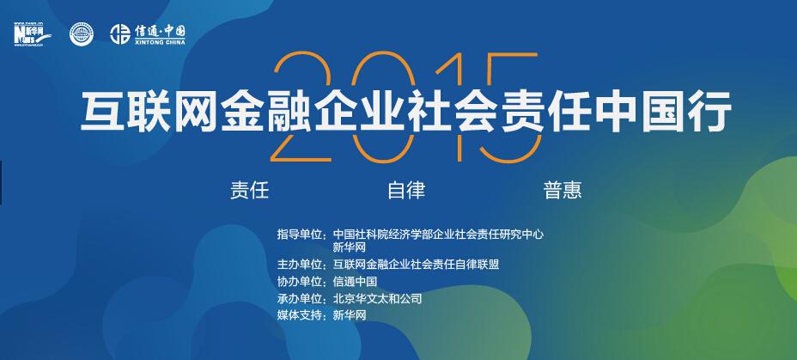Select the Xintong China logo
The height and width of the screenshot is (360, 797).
click(148, 34)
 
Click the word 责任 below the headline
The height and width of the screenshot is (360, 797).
click(249, 190)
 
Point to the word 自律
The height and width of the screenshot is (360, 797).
click(406, 190)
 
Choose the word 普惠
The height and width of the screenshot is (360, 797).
click(562, 190)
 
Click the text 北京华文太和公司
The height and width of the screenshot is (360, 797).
click(377, 299)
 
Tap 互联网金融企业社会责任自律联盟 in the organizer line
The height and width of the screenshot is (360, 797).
click(416, 265)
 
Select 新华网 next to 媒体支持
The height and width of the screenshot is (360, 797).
click(350, 315)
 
